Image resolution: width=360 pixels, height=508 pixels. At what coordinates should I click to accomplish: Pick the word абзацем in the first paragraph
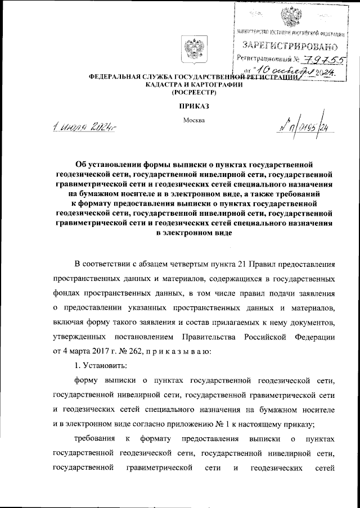pyautogui.click(x=161, y=264)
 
